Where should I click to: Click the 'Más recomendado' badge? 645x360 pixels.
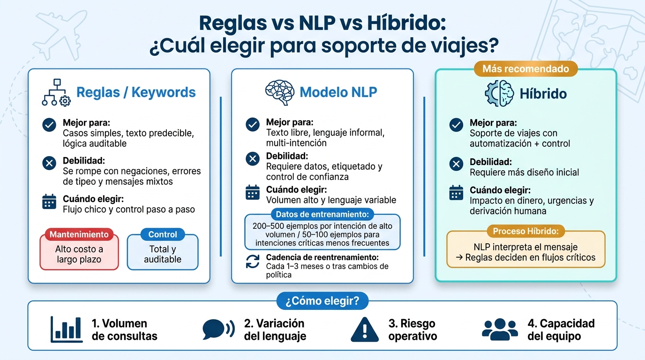(525, 69)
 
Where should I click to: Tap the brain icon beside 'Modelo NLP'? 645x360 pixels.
(279, 92)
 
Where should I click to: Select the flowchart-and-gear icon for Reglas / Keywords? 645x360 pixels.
(56, 92)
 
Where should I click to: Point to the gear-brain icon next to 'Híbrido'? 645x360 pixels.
(499, 94)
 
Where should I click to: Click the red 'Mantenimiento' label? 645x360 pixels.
(79, 234)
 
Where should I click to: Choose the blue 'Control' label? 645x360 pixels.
(163, 234)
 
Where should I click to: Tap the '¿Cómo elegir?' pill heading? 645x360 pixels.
(322, 301)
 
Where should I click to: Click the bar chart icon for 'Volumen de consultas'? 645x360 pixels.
(67, 330)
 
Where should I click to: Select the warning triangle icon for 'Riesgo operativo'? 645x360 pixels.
(365, 330)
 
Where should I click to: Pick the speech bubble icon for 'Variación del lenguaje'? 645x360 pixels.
(218, 329)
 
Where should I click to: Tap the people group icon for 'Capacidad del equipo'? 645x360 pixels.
(500, 329)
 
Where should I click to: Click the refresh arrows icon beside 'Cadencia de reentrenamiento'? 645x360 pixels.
(253, 262)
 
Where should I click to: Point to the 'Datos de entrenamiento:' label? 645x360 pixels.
(322, 214)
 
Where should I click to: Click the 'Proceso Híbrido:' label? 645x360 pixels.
(525, 231)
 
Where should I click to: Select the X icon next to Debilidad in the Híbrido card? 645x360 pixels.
(456, 164)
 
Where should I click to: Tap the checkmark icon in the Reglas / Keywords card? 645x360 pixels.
(49, 125)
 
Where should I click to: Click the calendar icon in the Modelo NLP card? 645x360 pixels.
(253, 192)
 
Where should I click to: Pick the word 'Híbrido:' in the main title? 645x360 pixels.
(406, 23)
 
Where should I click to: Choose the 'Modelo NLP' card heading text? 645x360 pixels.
(338, 92)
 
